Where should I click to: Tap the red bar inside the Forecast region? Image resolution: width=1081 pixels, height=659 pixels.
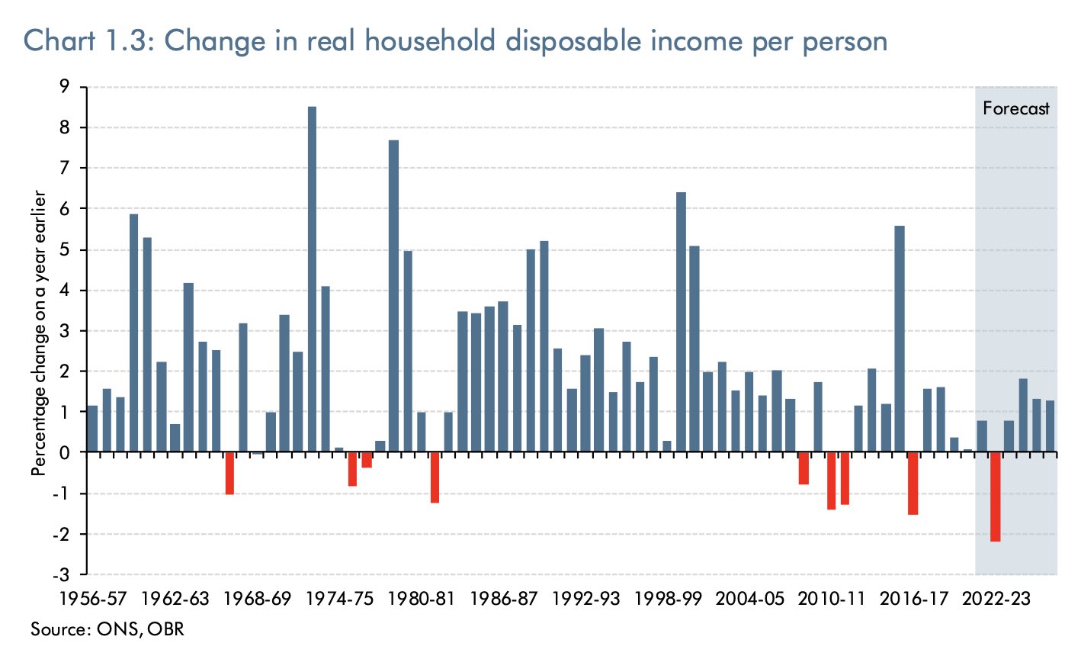[x=995, y=497]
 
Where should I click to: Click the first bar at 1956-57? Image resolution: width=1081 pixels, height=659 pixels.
[x=92, y=429]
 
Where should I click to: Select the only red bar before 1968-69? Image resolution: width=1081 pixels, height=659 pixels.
[x=229, y=473]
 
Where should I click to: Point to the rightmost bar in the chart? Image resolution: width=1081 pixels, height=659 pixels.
[x=1050, y=426]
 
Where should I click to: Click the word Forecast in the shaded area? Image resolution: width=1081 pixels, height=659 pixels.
[x=1015, y=108]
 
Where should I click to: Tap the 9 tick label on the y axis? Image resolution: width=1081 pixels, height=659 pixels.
[x=75, y=87]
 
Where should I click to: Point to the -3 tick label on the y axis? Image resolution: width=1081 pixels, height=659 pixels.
[x=72, y=574]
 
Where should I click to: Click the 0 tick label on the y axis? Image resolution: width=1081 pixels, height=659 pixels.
[x=75, y=452]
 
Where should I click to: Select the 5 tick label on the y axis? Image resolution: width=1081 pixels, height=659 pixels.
[x=75, y=249]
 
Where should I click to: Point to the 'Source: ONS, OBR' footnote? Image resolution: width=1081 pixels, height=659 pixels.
[x=107, y=629]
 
